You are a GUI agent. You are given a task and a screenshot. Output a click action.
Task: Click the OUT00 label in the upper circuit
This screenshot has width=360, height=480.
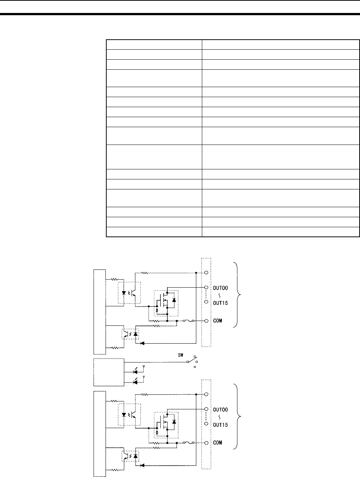(220, 287)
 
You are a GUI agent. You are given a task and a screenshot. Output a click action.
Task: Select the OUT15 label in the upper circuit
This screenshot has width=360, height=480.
(220, 303)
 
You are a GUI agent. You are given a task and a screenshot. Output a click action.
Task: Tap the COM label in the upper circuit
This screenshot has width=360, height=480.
(217, 321)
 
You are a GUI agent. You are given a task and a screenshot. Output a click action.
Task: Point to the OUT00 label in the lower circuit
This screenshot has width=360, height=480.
(220, 410)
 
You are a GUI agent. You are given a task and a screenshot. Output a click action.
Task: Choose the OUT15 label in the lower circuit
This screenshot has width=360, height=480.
(220, 425)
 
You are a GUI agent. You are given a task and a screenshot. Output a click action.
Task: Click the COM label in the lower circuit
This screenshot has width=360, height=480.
(217, 443)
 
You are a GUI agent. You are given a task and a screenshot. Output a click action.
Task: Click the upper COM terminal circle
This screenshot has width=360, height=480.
(206, 321)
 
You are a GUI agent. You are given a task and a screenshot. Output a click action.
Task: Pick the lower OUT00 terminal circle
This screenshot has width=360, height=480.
(206, 409)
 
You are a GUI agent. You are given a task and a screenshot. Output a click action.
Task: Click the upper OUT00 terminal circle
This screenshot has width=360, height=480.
(206, 287)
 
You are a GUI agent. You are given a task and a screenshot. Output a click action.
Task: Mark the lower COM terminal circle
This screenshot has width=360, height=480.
(206, 443)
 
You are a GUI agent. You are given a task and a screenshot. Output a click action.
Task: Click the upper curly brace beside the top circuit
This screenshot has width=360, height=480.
(237, 294)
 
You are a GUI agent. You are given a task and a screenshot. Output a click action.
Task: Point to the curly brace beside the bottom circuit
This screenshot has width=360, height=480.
(237, 417)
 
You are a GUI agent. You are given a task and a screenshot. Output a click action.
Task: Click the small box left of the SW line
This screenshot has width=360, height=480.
(109, 372)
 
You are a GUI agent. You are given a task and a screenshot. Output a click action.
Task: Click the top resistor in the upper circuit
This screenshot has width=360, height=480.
(145, 273)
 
